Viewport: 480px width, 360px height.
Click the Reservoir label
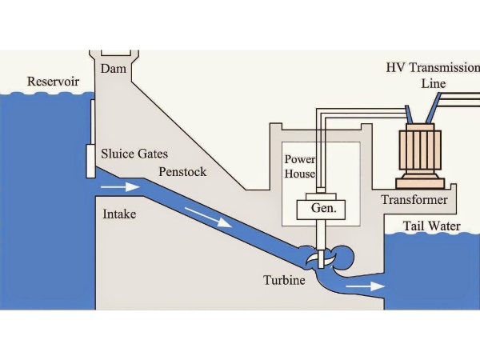pyautogui.click(x=53, y=82)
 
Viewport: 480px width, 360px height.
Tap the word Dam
pyautogui.click(x=114, y=68)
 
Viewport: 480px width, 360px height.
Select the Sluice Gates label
pyautogui.click(x=134, y=154)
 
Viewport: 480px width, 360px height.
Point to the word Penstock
pyautogui.click(x=182, y=172)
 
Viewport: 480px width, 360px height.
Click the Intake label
pyautogui.click(x=119, y=214)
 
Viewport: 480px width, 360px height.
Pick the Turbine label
pyautogui.click(x=284, y=280)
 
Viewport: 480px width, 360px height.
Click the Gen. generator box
pyautogui.click(x=321, y=210)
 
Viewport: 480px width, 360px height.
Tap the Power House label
pyautogui.click(x=300, y=166)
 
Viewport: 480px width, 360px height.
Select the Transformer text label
pyautogui.click(x=414, y=200)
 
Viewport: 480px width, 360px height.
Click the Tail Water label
pyautogui.click(x=432, y=226)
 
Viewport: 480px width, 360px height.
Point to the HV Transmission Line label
pyautogui.click(x=433, y=75)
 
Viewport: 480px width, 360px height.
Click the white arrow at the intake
pyautogui.click(x=121, y=186)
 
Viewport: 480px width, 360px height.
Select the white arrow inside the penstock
pyautogui.click(x=209, y=218)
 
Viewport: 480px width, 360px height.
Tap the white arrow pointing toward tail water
pyautogui.click(x=365, y=286)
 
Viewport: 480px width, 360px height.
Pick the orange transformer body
pyautogui.click(x=420, y=156)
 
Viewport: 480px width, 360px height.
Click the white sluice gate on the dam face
pyautogui.click(x=90, y=161)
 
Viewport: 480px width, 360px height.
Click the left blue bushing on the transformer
pyautogui.click(x=408, y=114)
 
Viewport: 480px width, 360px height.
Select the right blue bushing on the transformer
pyautogui.click(x=433, y=108)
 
